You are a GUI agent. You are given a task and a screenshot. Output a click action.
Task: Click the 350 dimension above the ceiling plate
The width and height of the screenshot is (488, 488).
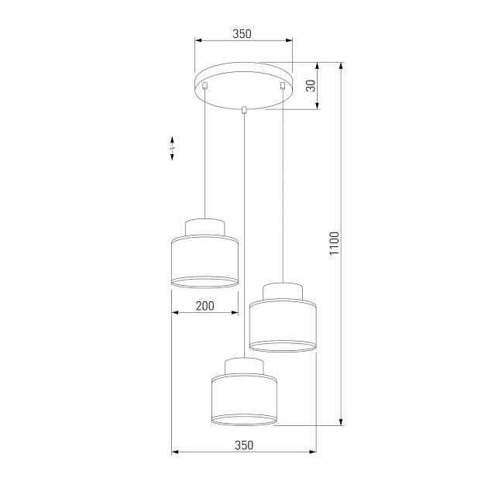pos(242,34)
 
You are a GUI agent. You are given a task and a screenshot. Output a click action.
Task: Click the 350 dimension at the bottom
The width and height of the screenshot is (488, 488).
pos(243,445)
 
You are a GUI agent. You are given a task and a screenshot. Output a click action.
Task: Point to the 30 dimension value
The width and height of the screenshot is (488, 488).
pos(311,86)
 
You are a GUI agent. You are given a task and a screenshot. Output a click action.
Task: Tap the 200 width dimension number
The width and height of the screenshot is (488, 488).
pos(204,306)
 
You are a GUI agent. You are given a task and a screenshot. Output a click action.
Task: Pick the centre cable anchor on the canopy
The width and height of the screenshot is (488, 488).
pos(244,109)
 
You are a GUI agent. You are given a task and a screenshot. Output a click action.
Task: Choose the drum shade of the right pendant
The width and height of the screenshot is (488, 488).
pos(284,325)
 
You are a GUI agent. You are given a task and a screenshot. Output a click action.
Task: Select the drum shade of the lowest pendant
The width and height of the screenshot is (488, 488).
pos(244,399)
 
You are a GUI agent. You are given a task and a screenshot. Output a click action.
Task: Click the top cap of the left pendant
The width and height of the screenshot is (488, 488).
pos(204,226)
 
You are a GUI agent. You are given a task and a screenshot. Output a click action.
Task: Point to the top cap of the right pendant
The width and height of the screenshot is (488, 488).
pos(284,291)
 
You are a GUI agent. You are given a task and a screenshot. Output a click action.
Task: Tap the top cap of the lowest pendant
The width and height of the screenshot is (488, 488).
pos(244,365)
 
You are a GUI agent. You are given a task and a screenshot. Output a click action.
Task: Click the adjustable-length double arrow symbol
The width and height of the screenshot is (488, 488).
pos(172,148)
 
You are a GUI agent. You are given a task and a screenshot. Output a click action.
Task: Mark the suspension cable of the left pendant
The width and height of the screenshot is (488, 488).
pos(204,155)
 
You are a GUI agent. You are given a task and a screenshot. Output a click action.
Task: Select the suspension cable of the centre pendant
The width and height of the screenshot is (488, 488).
pos(244,232)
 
